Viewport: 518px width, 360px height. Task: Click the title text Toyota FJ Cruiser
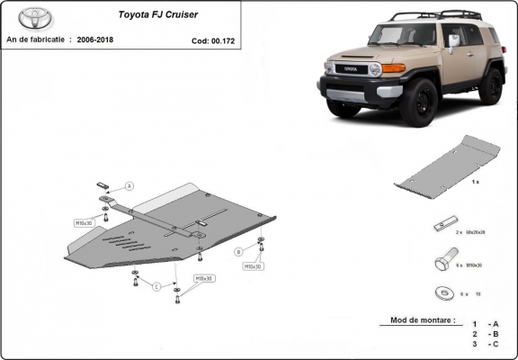click(x=155, y=15)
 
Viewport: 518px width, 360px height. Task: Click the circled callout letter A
click(x=129, y=185)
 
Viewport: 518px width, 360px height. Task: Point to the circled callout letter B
click(x=238, y=251)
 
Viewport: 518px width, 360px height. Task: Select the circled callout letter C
click(x=156, y=287)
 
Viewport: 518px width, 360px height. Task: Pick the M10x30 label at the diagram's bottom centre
click(x=205, y=279)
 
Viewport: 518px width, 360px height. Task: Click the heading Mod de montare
click(x=422, y=320)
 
